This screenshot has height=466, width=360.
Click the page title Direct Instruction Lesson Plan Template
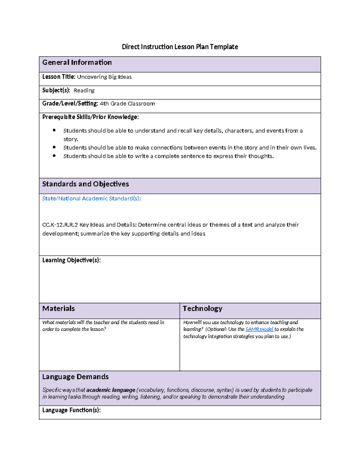click(x=180, y=47)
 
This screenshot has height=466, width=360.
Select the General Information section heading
click(x=77, y=62)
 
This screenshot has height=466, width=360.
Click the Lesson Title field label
click(x=58, y=77)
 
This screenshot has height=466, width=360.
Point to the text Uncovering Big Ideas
click(x=104, y=77)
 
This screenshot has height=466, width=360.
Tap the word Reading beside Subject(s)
click(x=84, y=90)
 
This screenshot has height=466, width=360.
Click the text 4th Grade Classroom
click(x=127, y=104)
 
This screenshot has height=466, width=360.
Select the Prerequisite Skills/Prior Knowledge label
click(x=90, y=117)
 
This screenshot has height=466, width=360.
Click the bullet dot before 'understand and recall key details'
click(x=54, y=130)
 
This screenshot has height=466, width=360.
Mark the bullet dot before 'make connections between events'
click(x=54, y=147)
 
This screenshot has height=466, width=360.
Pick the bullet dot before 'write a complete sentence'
click(x=54, y=156)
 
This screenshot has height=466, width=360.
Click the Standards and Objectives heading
click(x=85, y=184)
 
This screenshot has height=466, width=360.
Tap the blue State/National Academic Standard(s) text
click(x=91, y=199)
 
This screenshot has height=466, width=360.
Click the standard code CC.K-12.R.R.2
click(x=60, y=225)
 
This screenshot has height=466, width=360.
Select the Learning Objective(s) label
click(x=71, y=260)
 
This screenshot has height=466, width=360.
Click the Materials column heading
click(x=58, y=308)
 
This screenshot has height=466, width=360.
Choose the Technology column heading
click(x=202, y=308)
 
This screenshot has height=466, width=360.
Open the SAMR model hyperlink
click(x=259, y=329)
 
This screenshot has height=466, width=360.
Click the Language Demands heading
click(x=75, y=377)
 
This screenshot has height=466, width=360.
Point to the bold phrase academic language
click(x=111, y=390)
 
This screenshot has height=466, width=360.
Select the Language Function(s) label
click(x=71, y=410)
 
